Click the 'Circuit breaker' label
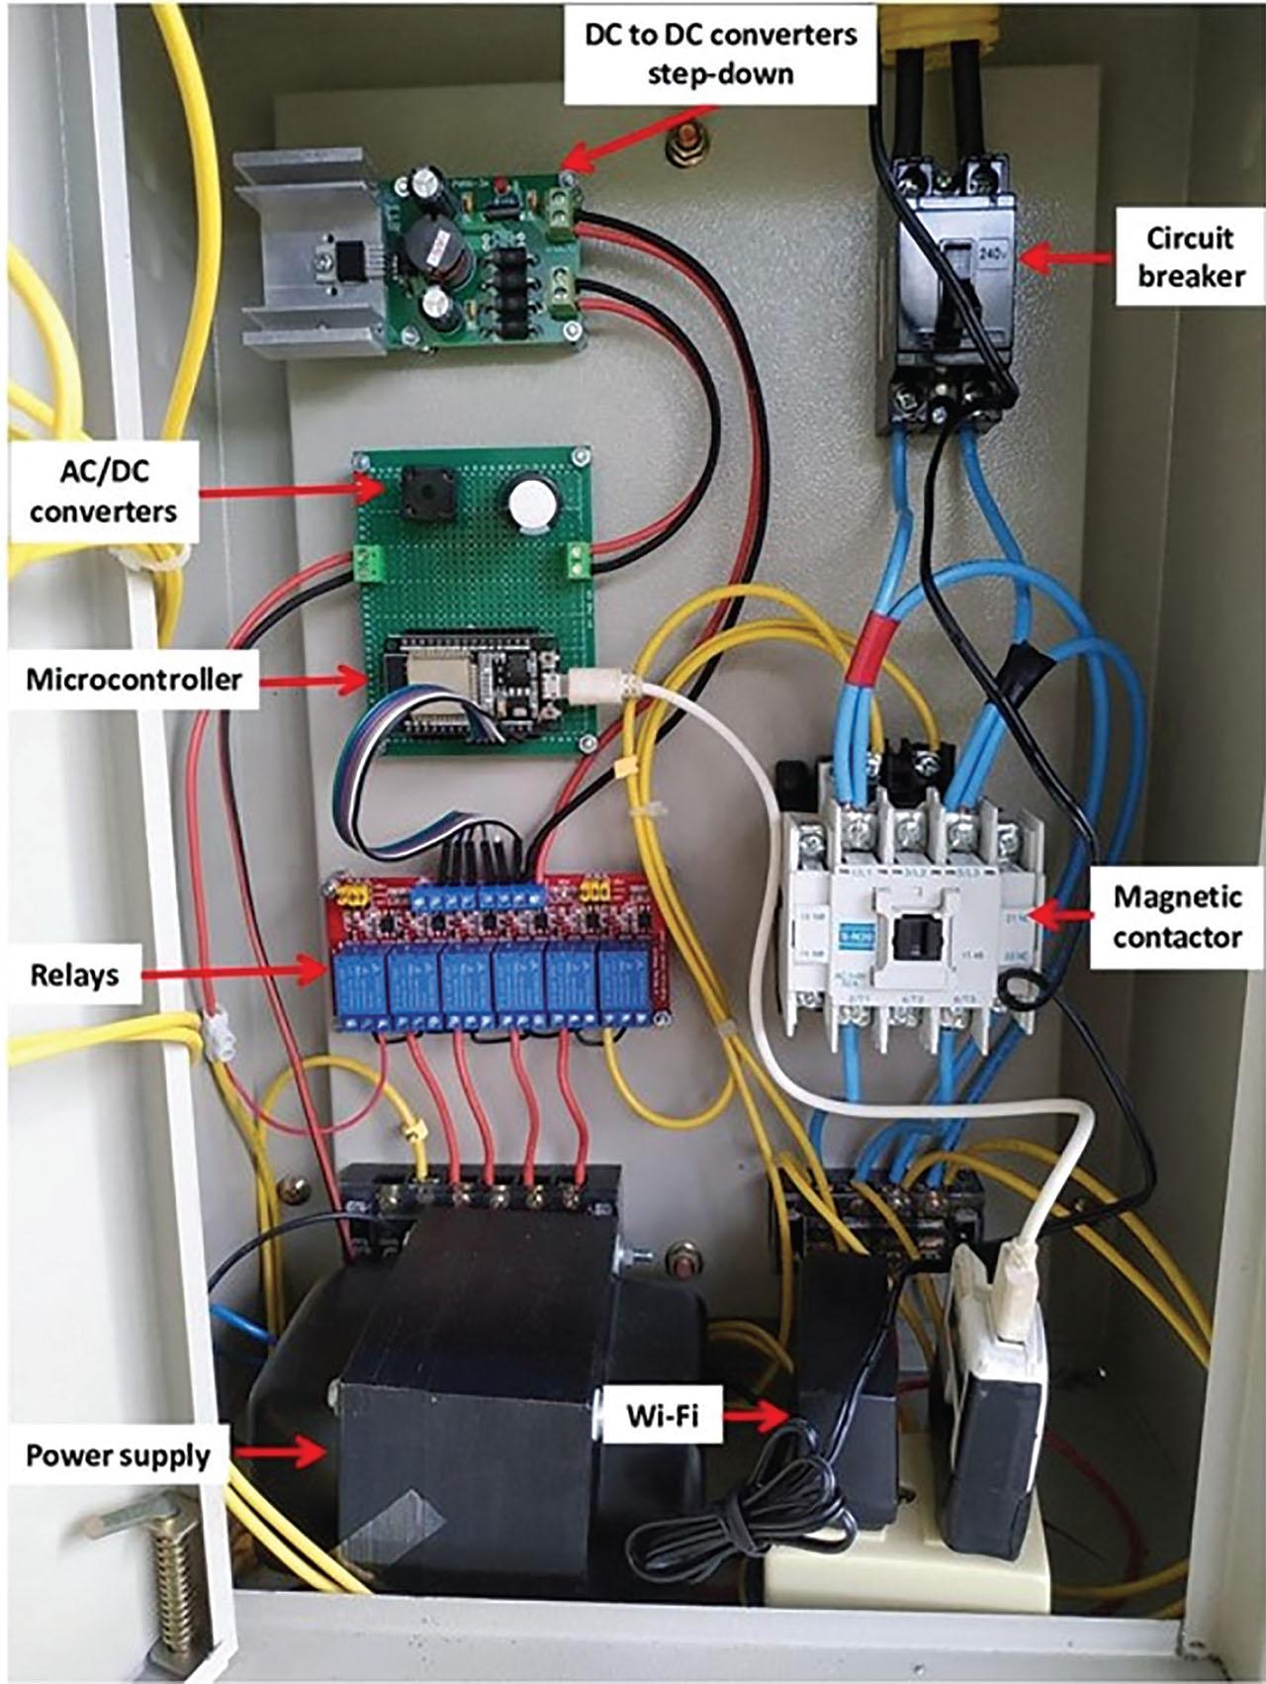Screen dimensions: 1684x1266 pos(1190,257)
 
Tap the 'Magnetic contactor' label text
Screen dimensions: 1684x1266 pos(1177,916)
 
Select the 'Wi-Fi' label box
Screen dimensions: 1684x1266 pos(662,1416)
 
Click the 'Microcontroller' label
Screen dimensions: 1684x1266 pos(134,680)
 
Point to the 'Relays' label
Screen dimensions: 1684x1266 pos(74,975)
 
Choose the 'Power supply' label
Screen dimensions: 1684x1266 pos(118,1455)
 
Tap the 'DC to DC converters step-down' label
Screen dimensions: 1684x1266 pos(720,53)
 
